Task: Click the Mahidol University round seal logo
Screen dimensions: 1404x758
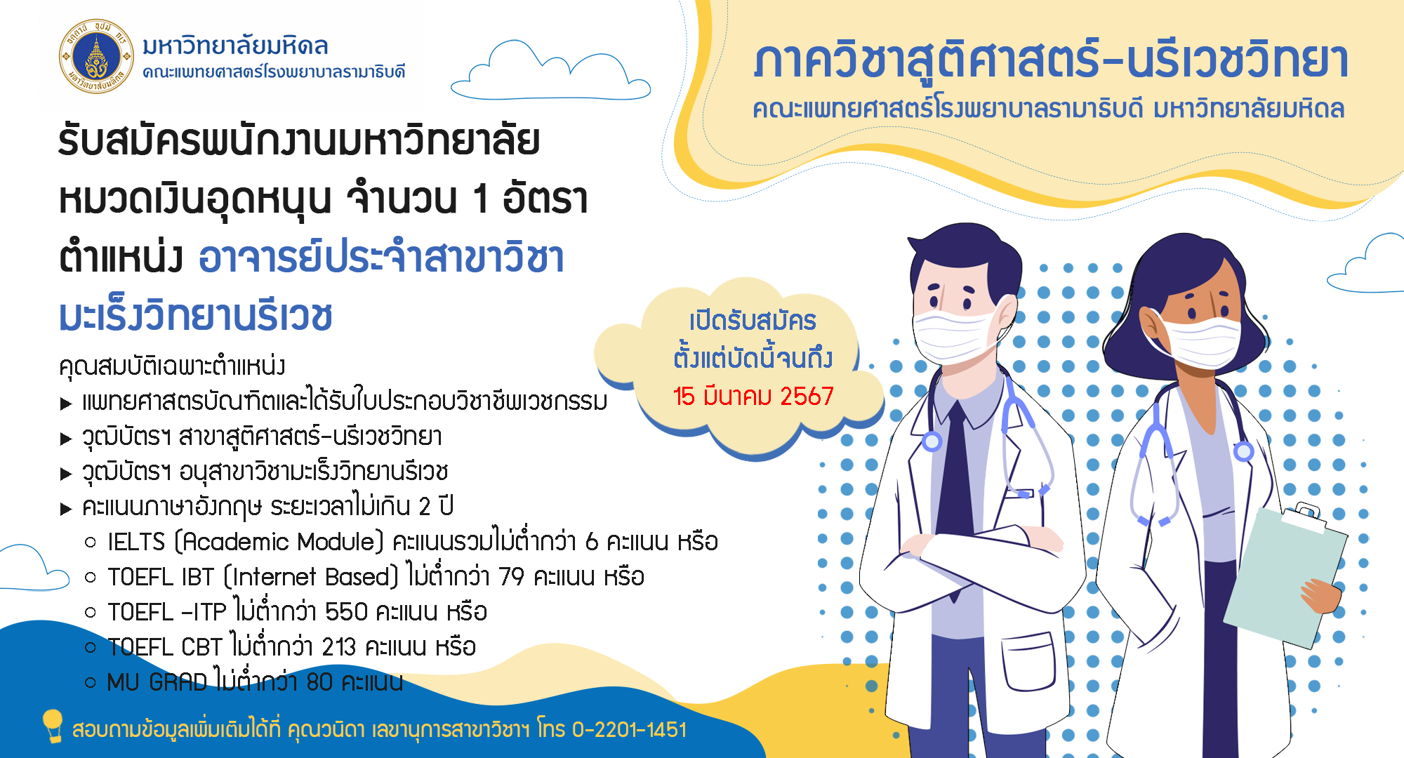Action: (96, 56)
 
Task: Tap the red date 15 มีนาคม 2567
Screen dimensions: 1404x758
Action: (753, 397)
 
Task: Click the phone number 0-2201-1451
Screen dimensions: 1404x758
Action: (629, 730)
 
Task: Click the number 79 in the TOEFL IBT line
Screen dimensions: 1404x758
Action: (511, 577)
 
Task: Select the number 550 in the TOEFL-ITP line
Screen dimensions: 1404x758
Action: (346, 612)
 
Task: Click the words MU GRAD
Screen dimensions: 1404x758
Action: (157, 682)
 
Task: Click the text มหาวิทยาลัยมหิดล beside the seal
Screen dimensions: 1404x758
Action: (235, 46)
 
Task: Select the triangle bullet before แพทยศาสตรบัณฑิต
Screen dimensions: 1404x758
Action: (66, 404)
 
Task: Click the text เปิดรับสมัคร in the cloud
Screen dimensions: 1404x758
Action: (753, 321)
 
